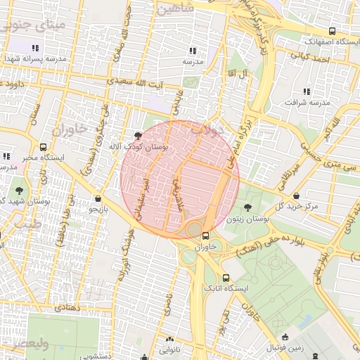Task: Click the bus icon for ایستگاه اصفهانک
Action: click(x=332, y=31)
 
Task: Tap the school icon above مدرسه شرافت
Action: click(x=306, y=91)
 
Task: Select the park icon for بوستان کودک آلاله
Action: click(x=137, y=135)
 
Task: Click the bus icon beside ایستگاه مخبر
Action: click(x=44, y=148)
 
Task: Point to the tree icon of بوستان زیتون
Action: click(x=247, y=207)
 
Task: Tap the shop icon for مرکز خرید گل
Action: click(x=296, y=195)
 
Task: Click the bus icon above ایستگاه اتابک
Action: click(x=226, y=278)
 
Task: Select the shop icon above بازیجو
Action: click(x=97, y=198)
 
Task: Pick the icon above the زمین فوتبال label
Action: click(x=284, y=337)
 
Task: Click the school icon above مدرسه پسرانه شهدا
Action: click(x=34, y=48)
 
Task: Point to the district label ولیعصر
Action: click(x=25, y=345)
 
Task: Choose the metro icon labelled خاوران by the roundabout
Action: click(x=205, y=236)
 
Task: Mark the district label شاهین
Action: click(x=175, y=9)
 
